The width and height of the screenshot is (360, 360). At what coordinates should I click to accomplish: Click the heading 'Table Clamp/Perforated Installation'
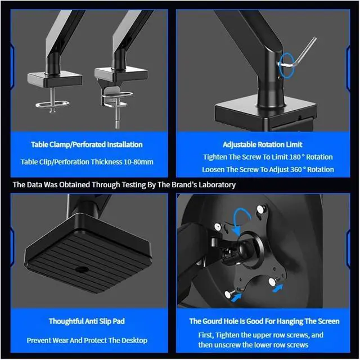(87, 145)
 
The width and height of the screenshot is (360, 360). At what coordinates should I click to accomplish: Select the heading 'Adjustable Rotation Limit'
(263, 145)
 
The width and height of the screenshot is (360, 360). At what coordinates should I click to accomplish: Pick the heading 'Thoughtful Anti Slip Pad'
(87, 321)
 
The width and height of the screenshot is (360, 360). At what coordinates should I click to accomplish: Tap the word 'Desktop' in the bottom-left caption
(134, 340)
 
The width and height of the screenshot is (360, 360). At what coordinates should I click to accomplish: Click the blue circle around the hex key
(287, 65)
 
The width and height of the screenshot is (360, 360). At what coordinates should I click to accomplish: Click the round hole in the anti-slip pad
(82, 269)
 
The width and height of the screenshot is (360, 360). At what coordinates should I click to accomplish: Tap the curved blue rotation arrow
(241, 214)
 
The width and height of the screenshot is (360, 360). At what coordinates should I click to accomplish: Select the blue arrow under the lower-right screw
(278, 288)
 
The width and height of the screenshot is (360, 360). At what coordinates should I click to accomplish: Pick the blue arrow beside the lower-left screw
(237, 297)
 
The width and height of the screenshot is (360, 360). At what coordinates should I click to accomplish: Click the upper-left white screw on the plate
(218, 227)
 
